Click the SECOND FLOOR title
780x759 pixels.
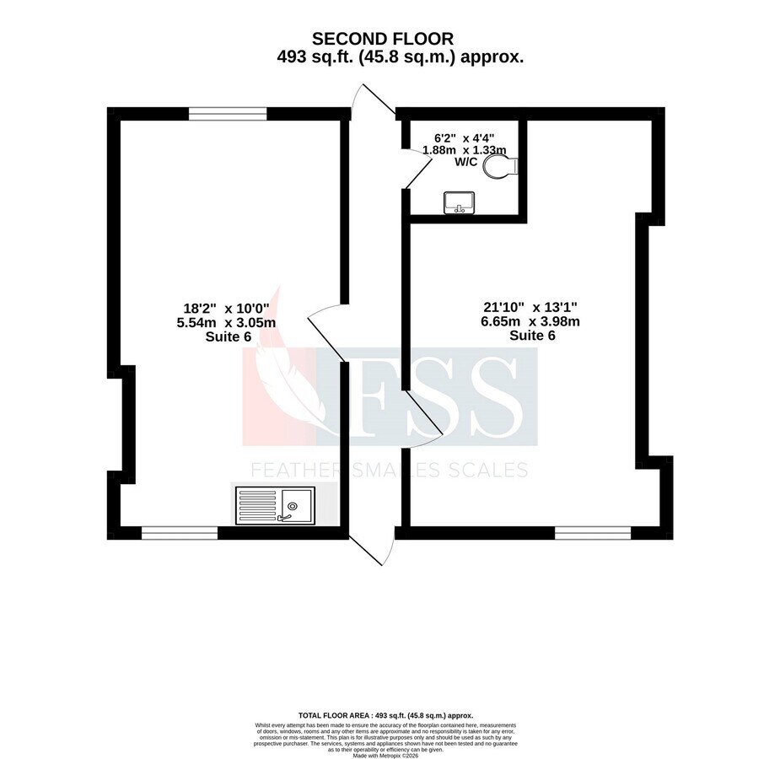click(x=383, y=38)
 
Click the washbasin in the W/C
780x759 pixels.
click(x=460, y=202)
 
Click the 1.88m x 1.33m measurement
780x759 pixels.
click(x=464, y=149)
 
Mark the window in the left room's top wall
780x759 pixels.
click(x=228, y=113)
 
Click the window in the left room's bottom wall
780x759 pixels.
click(x=180, y=533)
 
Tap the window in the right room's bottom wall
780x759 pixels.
click(x=592, y=533)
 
